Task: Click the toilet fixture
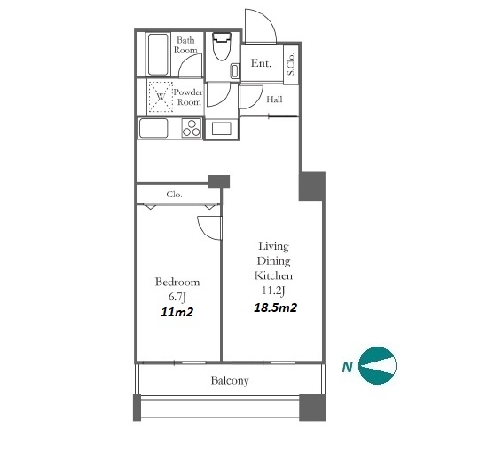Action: (x=222, y=46)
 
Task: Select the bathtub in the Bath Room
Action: (x=158, y=54)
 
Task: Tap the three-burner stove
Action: (x=192, y=128)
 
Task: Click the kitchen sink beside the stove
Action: (x=153, y=128)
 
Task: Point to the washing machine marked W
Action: (x=161, y=97)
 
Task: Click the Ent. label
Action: (x=261, y=63)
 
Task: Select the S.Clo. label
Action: (x=291, y=64)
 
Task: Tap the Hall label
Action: (x=275, y=100)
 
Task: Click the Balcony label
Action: (x=230, y=380)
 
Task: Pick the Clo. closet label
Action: (x=174, y=195)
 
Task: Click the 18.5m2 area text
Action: (x=276, y=307)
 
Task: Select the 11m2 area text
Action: (x=177, y=312)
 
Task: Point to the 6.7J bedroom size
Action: (x=177, y=297)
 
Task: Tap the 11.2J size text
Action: (x=273, y=291)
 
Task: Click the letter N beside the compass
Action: (x=347, y=367)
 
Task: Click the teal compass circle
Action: (x=377, y=365)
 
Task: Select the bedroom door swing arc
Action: (x=205, y=231)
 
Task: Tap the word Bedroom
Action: (x=177, y=282)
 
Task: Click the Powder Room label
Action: (x=188, y=97)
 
